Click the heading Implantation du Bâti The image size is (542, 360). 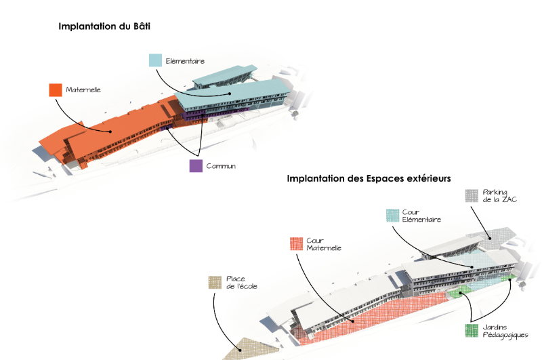coord(104,27)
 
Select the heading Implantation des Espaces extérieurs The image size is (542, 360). coord(369,178)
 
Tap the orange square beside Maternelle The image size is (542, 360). coord(55,89)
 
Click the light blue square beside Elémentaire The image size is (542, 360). coord(155,60)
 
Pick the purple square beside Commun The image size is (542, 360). coord(194,165)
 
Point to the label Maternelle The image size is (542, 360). coord(83,89)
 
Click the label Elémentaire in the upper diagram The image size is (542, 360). coord(185,61)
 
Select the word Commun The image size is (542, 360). coord(221,166)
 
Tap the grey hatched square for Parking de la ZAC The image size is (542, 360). coord(472,196)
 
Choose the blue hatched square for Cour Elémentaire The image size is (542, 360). coord(393,216)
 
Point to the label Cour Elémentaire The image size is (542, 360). coord(422,216)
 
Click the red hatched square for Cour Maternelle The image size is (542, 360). coord(295,244)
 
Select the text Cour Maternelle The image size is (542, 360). coord(325,244)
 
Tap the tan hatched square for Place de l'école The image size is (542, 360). coord(215,282)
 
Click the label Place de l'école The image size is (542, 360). coord(242,282)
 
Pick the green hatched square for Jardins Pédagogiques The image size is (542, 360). coord(472,331)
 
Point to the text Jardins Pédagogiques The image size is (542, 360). coord(505,331)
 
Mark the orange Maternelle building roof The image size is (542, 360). coord(108,132)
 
